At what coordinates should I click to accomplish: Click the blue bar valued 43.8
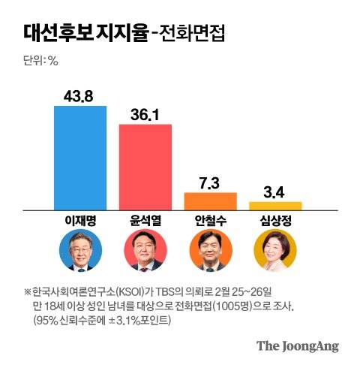80,157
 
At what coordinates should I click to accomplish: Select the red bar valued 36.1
145,166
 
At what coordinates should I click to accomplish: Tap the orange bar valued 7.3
210,201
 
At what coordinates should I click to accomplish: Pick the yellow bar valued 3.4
275,205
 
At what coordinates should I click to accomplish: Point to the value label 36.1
145,113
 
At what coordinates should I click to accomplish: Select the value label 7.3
210,182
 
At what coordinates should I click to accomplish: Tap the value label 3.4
275,192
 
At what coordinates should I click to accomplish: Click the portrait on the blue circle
80,252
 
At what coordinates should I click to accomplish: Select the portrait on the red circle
145,252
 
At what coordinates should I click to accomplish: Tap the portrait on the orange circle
210,252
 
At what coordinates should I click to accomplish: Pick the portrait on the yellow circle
275,252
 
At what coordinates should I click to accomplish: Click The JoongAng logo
298,346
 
